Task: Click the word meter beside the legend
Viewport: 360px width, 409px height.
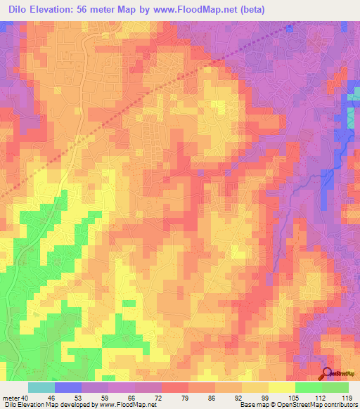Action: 11,398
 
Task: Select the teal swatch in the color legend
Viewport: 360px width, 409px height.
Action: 41,387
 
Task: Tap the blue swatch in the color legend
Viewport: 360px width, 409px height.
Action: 68,387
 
